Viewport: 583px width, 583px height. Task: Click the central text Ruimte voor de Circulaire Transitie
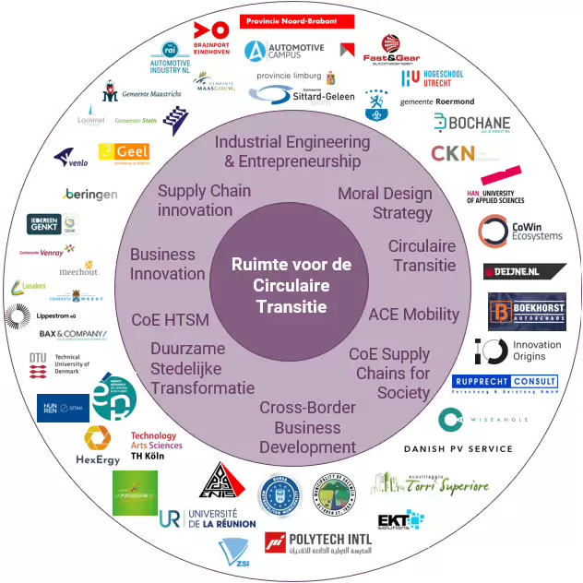point(291,285)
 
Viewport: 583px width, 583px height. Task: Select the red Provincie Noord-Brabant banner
point(297,20)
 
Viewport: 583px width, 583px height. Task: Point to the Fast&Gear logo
point(392,47)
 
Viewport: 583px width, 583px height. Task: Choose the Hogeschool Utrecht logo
point(433,78)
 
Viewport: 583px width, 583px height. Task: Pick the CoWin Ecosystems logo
point(518,230)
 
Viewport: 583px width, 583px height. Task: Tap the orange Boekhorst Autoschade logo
point(527,311)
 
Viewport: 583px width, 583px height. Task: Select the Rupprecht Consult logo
point(505,383)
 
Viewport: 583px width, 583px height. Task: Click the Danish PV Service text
point(458,449)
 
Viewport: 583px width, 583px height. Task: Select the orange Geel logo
point(124,152)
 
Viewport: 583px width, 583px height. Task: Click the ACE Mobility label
point(413,314)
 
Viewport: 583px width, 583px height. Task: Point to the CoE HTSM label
point(171,320)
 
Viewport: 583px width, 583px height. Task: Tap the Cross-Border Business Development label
point(307,427)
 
